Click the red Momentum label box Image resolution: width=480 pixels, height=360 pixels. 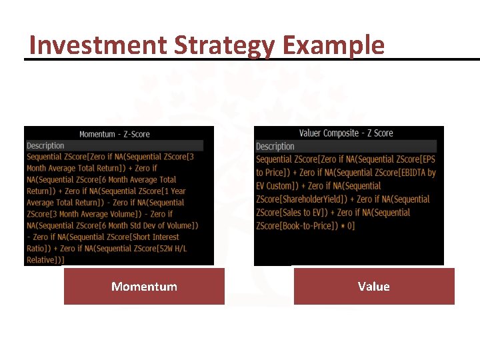pyautogui.click(x=144, y=287)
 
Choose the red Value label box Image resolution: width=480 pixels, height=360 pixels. pyautogui.click(x=374, y=287)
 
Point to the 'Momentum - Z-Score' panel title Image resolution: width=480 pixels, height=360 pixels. pyautogui.click(x=115, y=134)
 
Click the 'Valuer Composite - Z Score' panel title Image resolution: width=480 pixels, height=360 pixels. pyautogui.click(x=346, y=133)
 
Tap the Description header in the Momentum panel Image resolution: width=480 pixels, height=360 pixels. pyautogui.click(x=45, y=145)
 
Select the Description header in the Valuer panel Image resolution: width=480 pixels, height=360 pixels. pyautogui.click(x=275, y=146)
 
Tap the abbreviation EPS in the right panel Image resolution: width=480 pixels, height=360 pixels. pyautogui.click(x=429, y=159)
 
